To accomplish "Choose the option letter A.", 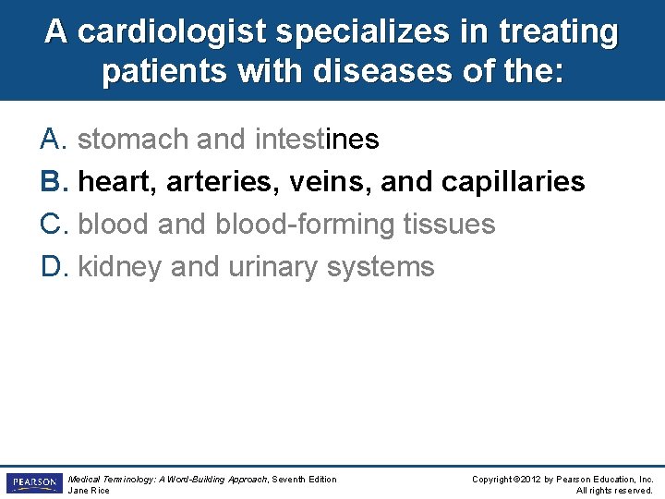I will [x=51, y=140].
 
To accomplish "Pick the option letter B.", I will [x=51, y=182].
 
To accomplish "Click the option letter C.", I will [x=51, y=225].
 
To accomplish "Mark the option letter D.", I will [x=51, y=267].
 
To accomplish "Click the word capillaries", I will [x=513, y=182].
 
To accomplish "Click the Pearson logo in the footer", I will [x=33, y=483].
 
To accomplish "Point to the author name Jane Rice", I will [x=89, y=491].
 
